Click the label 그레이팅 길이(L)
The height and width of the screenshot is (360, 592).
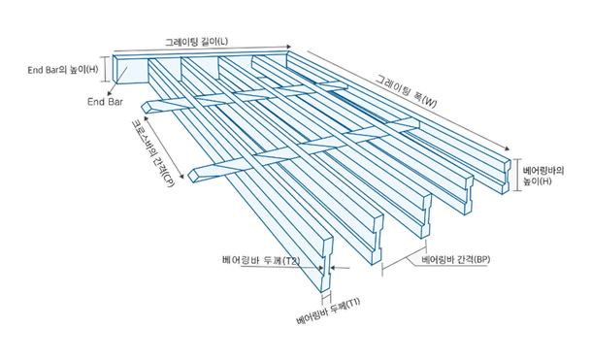[196, 41]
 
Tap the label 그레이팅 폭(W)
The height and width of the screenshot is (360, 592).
[406, 90]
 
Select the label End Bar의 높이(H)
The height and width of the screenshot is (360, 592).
[63, 70]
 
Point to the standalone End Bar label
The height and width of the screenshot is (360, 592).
[105, 102]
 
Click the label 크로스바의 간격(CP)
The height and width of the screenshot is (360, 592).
[152, 153]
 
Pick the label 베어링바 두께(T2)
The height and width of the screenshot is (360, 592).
[261, 260]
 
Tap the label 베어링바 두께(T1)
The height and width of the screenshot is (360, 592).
[328, 311]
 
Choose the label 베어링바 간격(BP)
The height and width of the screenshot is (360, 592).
[456, 259]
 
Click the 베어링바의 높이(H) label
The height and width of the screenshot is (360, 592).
[543, 176]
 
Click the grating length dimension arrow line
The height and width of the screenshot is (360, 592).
[203, 49]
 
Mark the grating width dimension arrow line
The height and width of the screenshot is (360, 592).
[409, 100]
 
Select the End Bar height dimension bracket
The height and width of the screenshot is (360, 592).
[106, 69]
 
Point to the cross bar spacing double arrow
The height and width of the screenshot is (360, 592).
[163, 147]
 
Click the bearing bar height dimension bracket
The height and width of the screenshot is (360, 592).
[517, 175]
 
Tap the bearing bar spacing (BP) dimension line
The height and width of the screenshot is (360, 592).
[405, 258]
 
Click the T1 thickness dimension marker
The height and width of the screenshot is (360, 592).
[327, 297]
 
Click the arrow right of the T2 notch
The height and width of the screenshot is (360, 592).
[340, 268]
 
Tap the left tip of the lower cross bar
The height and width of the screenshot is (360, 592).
[189, 177]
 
